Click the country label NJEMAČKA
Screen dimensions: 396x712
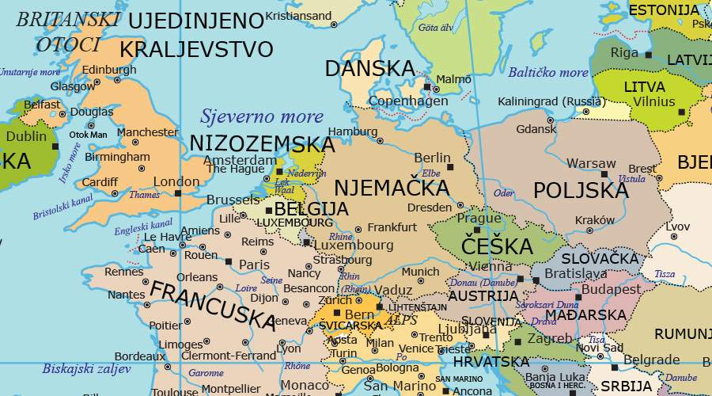(392, 188)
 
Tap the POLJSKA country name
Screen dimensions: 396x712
(581, 191)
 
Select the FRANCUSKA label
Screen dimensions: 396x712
(213, 305)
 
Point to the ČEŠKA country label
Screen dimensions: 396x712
(497, 246)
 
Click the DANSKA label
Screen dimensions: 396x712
(370, 69)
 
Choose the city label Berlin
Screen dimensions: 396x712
(432, 158)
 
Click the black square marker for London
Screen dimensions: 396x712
(178, 192)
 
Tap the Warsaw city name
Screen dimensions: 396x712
(591, 163)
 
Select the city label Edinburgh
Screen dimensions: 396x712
(109, 70)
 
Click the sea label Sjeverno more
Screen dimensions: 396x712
(262, 117)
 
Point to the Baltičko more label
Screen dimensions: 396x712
(548, 73)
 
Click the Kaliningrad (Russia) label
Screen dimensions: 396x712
(551, 101)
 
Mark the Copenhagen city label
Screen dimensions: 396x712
(408, 101)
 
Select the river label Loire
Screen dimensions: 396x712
(246, 287)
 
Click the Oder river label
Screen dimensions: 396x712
(503, 192)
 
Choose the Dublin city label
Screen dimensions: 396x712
(26, 136)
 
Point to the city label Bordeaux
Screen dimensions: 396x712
(139, 356)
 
